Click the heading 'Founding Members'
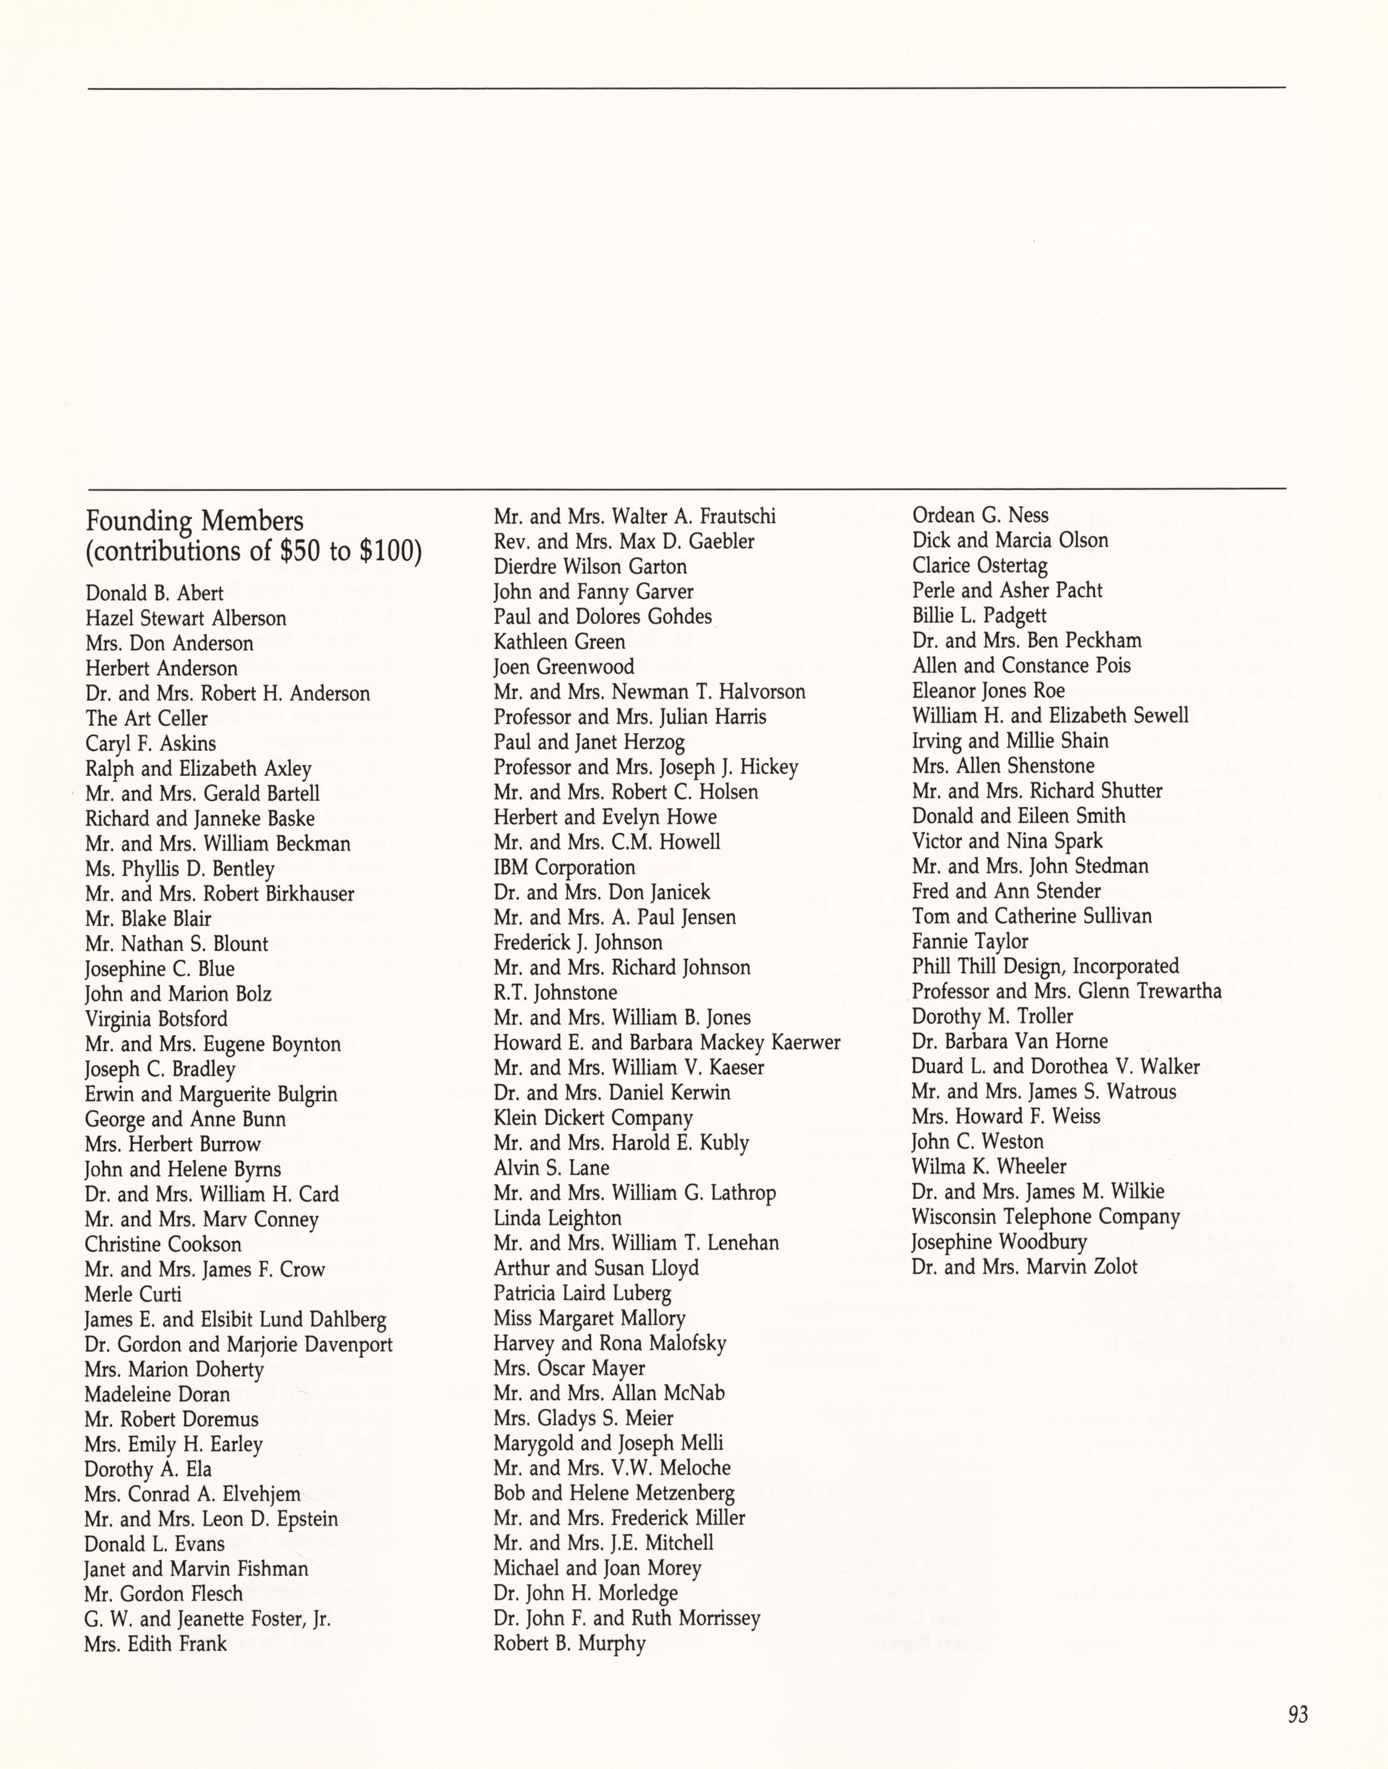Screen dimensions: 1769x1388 point(194,520)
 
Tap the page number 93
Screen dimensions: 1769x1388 point(1298,1715)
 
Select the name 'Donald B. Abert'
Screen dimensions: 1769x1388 point(155,593)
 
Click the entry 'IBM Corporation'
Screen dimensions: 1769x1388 point(564,868)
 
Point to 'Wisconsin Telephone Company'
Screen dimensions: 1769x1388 point(1045,1217)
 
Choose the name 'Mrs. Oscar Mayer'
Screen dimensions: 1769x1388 point(569,1369)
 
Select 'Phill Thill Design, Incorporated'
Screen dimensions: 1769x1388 point(1045,967)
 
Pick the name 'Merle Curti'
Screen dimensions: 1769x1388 point(133,1294)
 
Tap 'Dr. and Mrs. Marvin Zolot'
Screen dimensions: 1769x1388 point(1024,1267)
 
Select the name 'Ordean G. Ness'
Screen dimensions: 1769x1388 point(980,515)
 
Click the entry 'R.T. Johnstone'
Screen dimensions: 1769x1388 point(555,993)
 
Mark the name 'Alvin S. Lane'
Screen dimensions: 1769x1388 point(551,1168)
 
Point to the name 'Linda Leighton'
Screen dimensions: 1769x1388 point(557,1218)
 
